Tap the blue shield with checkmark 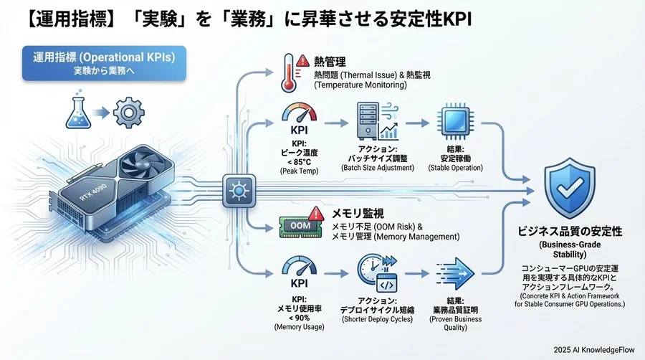[x=570, y=189]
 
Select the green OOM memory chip [x=295, y=225]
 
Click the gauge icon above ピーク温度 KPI [x=299, y=115]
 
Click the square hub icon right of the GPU [x=236, y=190]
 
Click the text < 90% [x=300, y=318]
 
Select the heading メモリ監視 [x=358, y=213]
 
